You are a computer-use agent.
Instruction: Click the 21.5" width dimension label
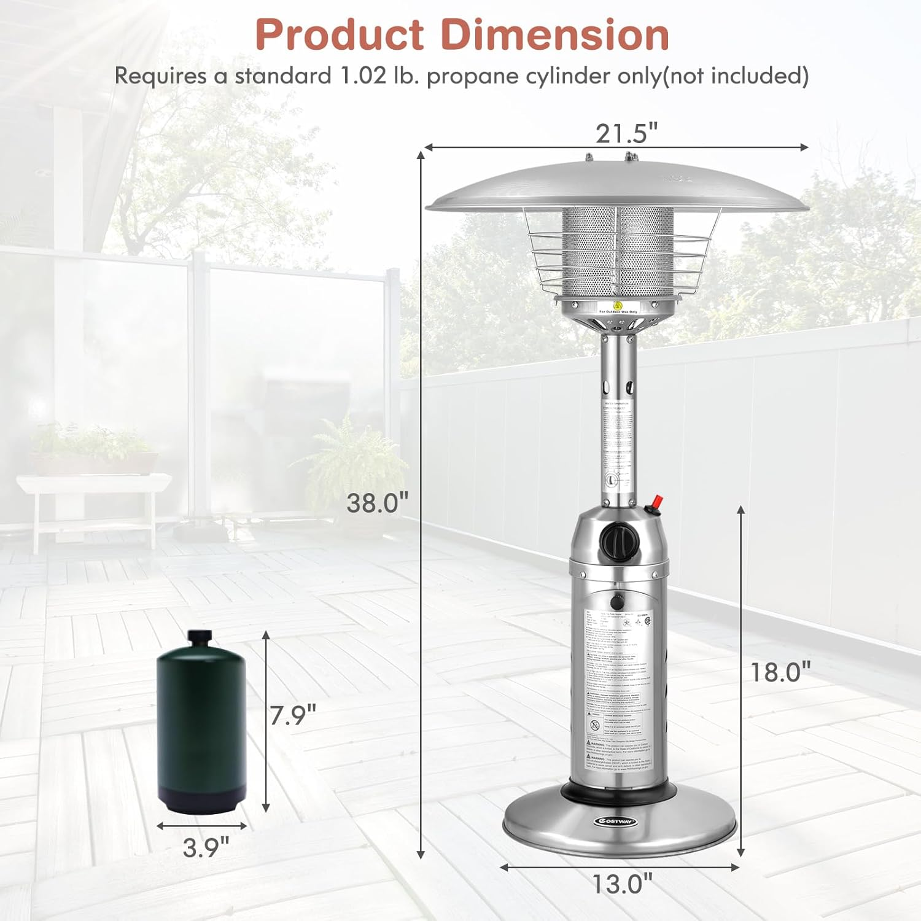click(x=626, y=133)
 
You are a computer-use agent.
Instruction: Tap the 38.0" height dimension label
click(x=377, y=503)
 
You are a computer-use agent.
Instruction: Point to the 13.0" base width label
click(x=621, y=884)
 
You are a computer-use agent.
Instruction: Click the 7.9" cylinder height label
click(x=293, y=715)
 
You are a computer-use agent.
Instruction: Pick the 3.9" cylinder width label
click(x=205, y=848)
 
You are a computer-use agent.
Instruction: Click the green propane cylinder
click(x=201, y=725)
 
